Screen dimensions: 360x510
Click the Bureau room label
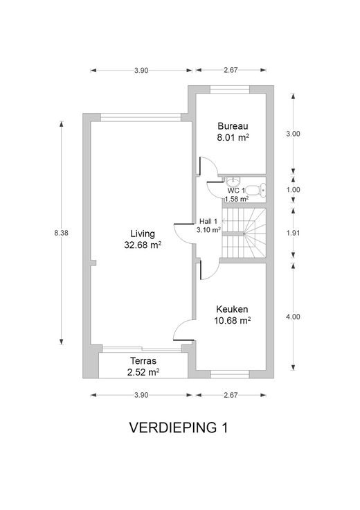(x=233, y=126)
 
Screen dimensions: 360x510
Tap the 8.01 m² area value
(x=233, y=137)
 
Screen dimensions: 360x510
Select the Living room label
(x=143, y=234)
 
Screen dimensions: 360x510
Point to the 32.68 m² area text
(x=143, y=245)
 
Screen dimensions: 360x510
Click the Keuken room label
(x=232, y=309)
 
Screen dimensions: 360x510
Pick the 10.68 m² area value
(x=232, y=321)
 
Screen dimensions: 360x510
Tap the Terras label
(x=143, y=361)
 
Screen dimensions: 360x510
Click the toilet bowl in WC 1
(x=255, y=190)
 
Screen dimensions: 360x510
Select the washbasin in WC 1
(x=233, y=181)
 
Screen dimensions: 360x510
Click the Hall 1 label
(x=208, y=222)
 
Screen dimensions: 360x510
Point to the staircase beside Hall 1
(x=244, y=233)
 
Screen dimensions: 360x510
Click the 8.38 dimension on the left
(x=61, y=233)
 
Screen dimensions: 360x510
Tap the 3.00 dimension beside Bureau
(x=293, y=134)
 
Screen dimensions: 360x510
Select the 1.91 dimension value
(x=293, y=233)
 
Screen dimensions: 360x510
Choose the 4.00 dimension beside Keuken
(x=293, y=317)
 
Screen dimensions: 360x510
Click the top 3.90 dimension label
(x=141, y=70)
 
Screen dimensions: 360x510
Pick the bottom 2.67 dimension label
(x=231, y=395)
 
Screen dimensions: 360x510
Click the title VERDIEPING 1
(x=179, y=428)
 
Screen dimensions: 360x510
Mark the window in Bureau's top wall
(x=230, y=89)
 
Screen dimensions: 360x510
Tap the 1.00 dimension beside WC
(x=293, y=190)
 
